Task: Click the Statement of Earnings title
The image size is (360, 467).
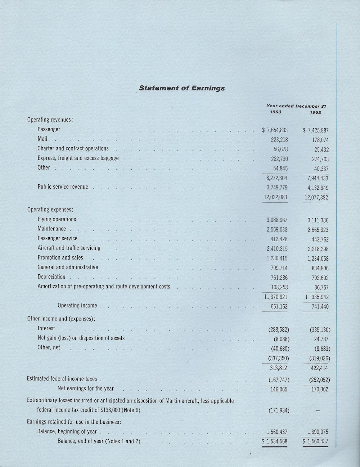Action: pos(182,88)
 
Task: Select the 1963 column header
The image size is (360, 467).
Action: pos(275,112)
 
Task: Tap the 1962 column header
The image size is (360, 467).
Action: pos(315,112)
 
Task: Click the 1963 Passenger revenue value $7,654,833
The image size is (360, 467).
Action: pos(275,130)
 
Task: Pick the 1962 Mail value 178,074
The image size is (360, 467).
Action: pos(317,140)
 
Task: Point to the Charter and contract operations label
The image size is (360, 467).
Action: pos(73,148)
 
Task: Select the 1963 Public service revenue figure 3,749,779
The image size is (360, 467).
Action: pos(276,187)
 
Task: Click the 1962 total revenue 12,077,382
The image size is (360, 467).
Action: pos(316,197)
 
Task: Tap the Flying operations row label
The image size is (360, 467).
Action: pos(57,219)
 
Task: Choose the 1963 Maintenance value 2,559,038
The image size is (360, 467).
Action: pos(277,229)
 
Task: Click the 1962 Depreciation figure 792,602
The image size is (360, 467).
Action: pos(318,278)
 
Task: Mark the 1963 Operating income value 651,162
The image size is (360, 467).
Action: pos(278,306)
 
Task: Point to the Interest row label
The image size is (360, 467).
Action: pos(46,328)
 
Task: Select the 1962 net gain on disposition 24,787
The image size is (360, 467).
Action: pos(321,339)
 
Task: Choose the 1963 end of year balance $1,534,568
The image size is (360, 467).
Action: pos(275,441)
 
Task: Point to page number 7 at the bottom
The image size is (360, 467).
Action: pos(250,454)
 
